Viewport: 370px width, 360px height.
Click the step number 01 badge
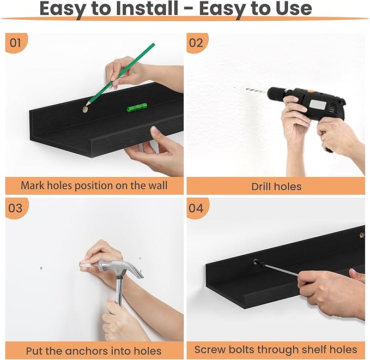click(x=16, y=43)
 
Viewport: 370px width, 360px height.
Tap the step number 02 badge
click(x=197, y=43)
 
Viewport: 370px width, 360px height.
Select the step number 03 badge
click(x=16, y=208)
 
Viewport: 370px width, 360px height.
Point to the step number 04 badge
click(x=197, y=208)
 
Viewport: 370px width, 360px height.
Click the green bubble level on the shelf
click(x=137, y=107)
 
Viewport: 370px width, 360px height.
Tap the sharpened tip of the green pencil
click(x=86, y=105)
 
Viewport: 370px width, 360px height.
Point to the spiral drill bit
click(x=256, y=91)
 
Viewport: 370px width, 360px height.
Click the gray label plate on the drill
click(x=318, y=104)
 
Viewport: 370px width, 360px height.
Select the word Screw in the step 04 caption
click(x=210, y=350)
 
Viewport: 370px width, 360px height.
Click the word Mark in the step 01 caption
click(x=33, y=185)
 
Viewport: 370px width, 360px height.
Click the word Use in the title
click(x=294, y=8)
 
